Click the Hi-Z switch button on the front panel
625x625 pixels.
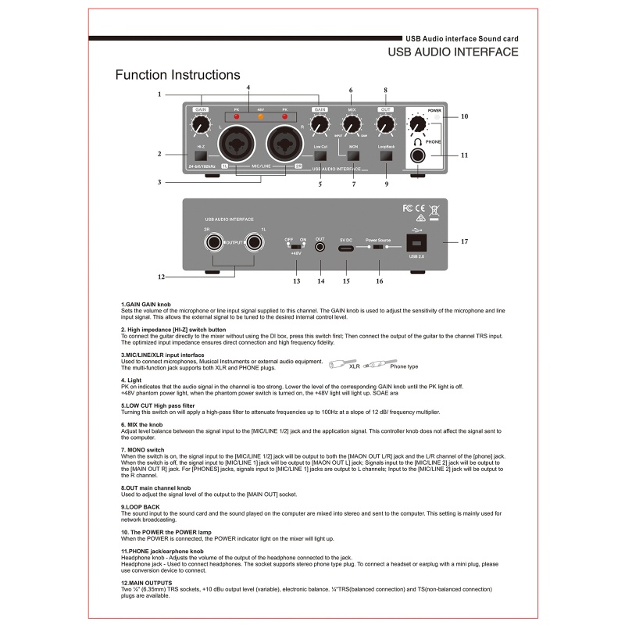click(201, 155)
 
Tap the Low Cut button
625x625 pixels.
click(320, 155)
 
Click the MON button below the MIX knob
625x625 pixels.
click(353, 155)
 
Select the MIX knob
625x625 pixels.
click(352, 125)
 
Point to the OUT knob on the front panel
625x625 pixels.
click(385, 125)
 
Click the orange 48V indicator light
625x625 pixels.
click(260, 117)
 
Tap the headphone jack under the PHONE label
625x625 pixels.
click(422, 155)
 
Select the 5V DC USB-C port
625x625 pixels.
click(347, 248)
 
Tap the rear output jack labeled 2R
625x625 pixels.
click(212, 245)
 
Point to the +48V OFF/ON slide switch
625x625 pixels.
click(295, 245)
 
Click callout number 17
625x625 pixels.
click(464, 241)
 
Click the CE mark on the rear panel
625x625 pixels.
click(419, 209)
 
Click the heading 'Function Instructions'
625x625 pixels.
click(177, 75)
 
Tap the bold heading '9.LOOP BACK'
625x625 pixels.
click(141, 507)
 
